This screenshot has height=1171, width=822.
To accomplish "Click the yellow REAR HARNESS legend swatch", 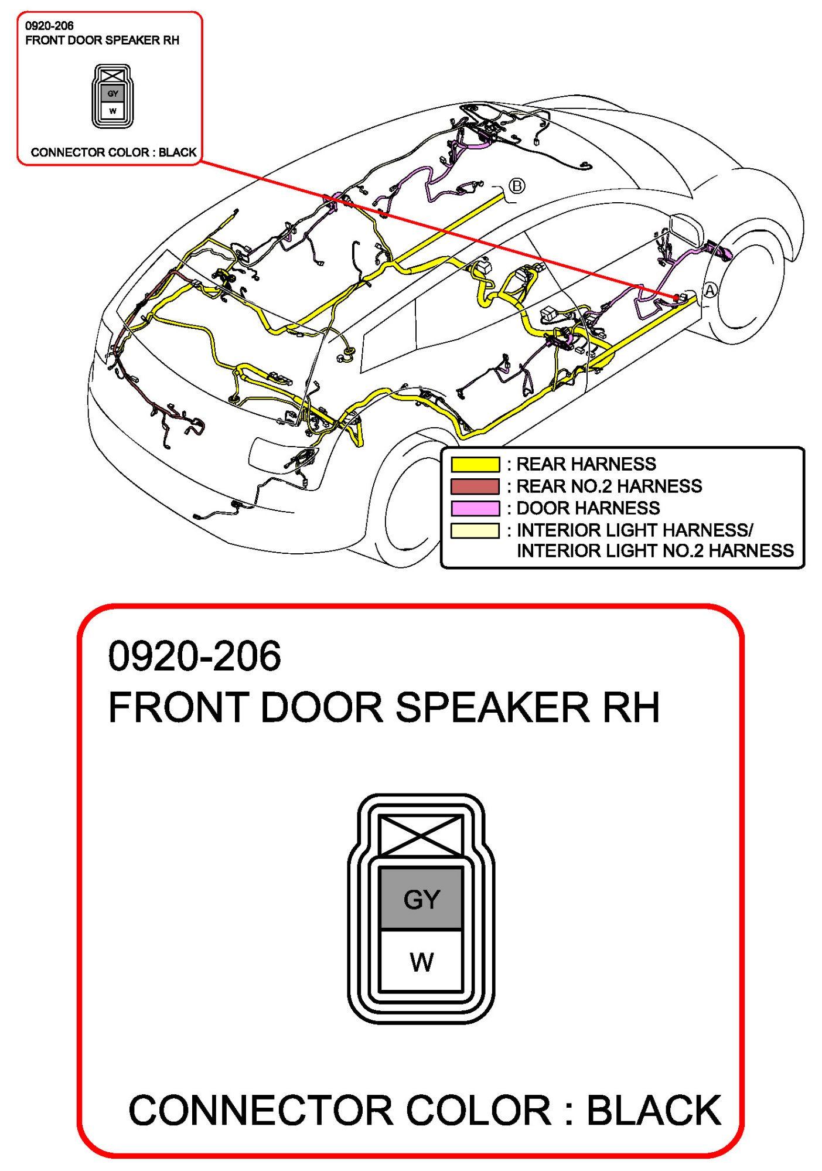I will tap(475, 464).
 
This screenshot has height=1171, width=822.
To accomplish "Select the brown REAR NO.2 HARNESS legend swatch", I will tap(475, 486).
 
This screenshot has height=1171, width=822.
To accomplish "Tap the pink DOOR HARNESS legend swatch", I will tap(475, 508).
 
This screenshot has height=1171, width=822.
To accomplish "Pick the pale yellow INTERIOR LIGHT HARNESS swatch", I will tap(475, 530).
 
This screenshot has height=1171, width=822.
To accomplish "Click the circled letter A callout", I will tap(710, 290).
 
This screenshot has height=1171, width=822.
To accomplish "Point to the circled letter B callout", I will tap(516, 186).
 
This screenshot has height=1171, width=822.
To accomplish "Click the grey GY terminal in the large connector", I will tap(421, 898).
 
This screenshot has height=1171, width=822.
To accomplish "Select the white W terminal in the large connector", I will tap(421, 961).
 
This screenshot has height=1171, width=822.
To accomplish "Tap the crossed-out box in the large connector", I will tap(421, 835).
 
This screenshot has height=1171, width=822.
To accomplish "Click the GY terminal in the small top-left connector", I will tap(113, 93).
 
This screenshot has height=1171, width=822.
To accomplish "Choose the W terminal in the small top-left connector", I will tap(113, 110).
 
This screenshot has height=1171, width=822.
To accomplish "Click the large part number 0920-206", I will tap(195, 656).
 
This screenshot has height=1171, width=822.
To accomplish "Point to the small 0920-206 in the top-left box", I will tap(49, 26).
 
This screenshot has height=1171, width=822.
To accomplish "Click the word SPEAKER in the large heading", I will tap(492, 707).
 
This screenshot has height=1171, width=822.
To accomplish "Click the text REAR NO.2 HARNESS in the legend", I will tap(609, 486).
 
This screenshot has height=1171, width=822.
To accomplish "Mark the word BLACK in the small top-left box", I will tap(178, 152).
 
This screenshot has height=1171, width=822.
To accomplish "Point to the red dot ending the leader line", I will tap(677, 298).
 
